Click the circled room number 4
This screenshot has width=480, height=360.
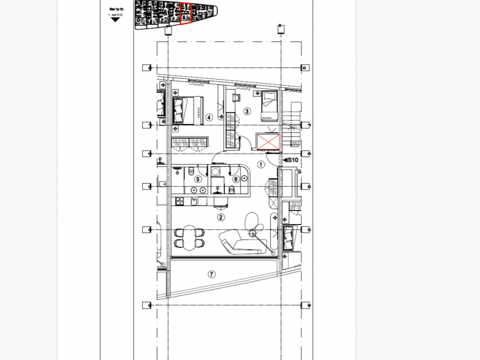[209, 117]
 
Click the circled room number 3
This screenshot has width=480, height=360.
[246, 111]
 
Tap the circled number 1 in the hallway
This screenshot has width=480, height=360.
[260, 163]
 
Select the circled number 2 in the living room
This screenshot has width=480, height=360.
[220, 217]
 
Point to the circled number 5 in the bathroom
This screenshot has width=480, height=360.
[198, 178]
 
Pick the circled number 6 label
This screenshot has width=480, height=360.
[234, 178]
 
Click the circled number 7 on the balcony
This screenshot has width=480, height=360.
[211, 274]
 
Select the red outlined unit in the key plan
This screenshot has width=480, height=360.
[185, 13]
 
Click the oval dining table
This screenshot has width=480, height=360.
[189, 237]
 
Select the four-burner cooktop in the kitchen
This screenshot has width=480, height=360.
[179, 201]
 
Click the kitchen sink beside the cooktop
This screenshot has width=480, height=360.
[193, 201]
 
